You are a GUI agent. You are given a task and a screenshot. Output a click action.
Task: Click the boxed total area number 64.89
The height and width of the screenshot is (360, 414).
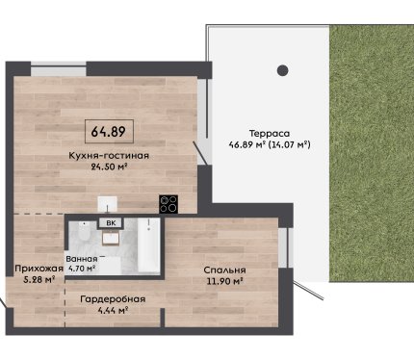pos(109,131)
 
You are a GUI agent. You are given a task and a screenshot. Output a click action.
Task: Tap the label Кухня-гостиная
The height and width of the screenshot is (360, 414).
pos(109,156)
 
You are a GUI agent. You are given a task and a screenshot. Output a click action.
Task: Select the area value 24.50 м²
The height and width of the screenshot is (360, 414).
pos(109,167)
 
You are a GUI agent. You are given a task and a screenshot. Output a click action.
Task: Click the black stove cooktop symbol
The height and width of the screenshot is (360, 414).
pos(168,204)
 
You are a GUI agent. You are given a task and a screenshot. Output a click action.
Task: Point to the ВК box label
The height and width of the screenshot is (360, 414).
pos(111,223)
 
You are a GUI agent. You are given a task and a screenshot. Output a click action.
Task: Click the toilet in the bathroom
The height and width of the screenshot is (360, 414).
pos(84,232)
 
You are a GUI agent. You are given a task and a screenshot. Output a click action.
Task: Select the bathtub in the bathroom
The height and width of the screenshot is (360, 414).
pos(148,245)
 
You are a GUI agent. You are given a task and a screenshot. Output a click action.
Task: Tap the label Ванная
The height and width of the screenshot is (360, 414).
pos(82,259)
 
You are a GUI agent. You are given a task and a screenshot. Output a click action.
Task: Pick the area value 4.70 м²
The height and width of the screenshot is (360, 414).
pos(81,269)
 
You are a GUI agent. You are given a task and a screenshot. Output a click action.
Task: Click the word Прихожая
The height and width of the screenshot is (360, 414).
pos(39,269)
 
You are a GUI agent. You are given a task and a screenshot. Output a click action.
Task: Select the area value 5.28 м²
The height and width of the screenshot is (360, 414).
pos(39,280)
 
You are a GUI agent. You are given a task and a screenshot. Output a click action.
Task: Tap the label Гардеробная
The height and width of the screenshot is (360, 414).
pos(113,299)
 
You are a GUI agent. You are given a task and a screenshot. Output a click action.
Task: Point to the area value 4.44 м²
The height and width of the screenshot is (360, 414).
pos(113,310)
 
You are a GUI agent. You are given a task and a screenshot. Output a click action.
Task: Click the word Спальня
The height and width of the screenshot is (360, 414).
pos(224,270)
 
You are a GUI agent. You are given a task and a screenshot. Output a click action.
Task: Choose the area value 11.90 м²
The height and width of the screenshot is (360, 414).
pos(224,281)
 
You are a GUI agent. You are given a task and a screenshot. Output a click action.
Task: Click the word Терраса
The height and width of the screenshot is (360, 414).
pos(270,133)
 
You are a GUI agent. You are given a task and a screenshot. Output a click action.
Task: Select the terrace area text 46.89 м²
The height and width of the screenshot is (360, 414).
pos(246,144)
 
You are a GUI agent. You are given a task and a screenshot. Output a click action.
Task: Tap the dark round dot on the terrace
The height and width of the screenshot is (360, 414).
pos(282,70)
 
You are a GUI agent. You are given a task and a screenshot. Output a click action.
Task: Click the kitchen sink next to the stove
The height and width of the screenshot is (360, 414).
pos(108,204)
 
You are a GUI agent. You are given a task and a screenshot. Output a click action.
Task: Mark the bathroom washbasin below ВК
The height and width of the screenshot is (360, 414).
pos(111,238)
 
